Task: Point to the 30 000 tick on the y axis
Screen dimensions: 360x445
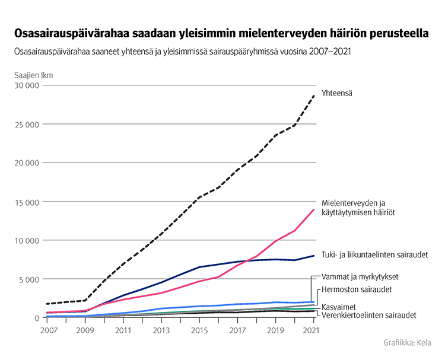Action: [x=26, y=85]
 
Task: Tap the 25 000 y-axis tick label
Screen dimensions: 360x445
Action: [x=26, y=125]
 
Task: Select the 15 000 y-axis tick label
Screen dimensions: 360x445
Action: [x=26, y=202]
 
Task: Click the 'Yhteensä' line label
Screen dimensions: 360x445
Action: [x=337, y=93]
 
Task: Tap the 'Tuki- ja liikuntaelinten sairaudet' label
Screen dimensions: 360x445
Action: [x=375, y=255]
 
